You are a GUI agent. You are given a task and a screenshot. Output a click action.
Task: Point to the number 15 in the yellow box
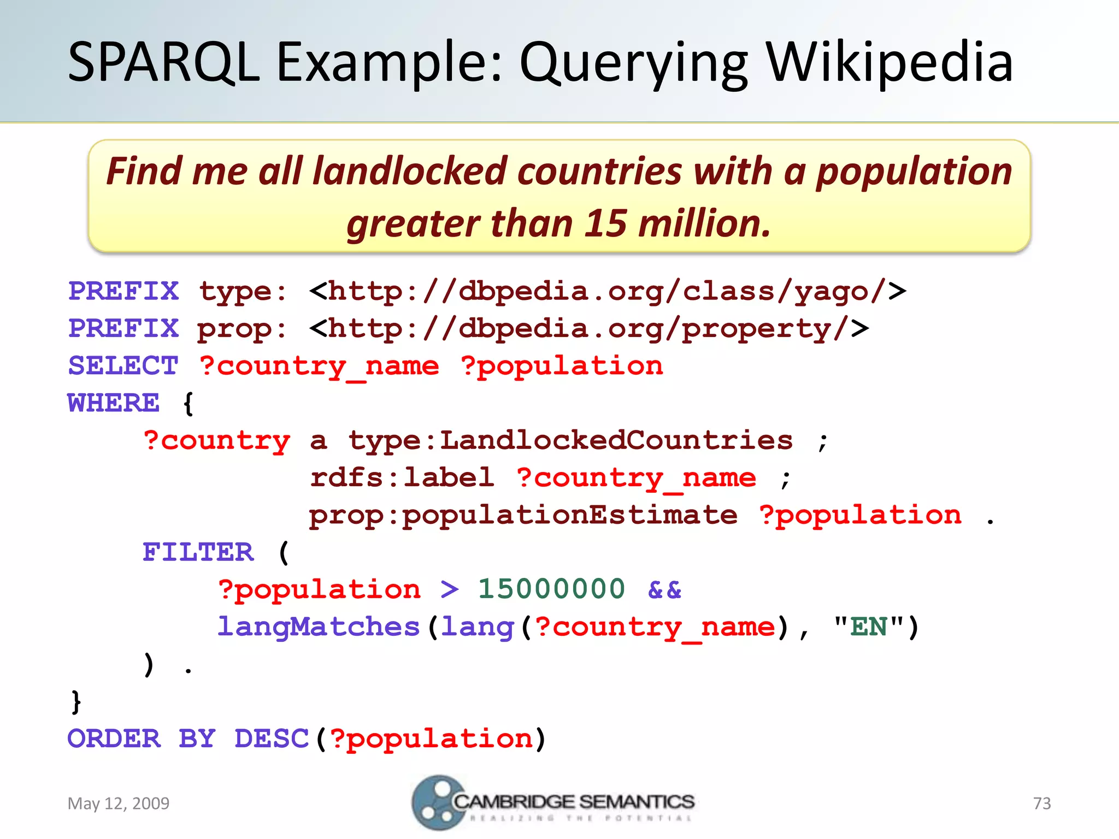click(x=605, y=224)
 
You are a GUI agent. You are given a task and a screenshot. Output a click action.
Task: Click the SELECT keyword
click(x=123, y=365)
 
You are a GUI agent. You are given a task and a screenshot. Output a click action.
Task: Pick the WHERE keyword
click(x=114, y=403)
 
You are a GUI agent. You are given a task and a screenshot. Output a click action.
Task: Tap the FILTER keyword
click(x=198, y=552)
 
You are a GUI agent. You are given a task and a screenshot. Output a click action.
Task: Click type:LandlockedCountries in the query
click(x=570, y=440)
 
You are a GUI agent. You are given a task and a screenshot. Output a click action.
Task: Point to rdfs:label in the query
click(x=402, y=477)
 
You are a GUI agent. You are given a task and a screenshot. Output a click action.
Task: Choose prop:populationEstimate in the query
click(x=523, y=515)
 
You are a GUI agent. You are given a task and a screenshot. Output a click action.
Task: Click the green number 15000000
click(x=551, y=589)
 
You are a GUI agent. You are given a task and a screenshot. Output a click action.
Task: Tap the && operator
click(x=664, y=589)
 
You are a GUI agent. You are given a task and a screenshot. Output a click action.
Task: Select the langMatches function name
click(x=319, y=627)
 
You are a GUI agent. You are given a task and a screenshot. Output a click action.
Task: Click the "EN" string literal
click(x=868, y=627)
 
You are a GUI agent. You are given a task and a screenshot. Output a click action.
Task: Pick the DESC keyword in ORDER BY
click(x=272, y=738)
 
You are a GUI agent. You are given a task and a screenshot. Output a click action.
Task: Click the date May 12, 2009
click(x=119, y=803)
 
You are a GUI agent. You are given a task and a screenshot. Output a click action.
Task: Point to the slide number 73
click(x=1042, y=803)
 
